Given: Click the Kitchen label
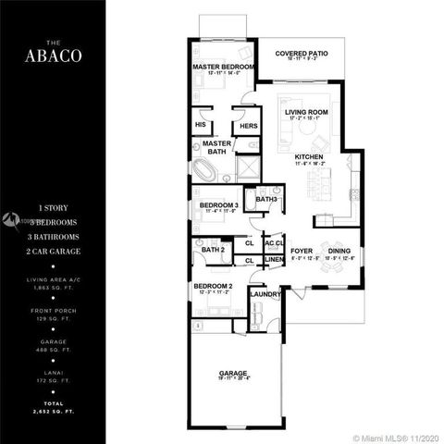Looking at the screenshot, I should click(308, 157).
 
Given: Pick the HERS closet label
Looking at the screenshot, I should click(247, 126).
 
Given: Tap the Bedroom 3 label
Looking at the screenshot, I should click(218, 204).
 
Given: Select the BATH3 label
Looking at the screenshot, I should click(267, 199).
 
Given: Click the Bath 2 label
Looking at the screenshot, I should click(214, 250).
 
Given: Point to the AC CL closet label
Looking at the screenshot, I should click(273, 243).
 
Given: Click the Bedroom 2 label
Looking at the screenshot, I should click(213, 287).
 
